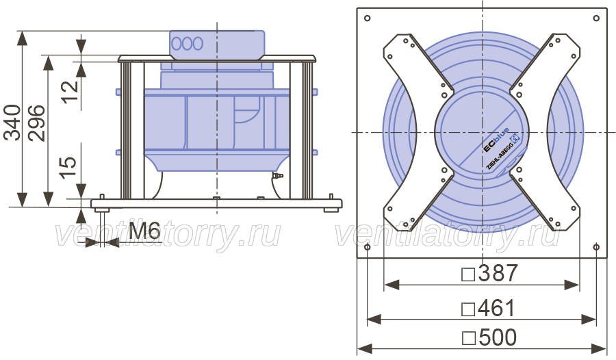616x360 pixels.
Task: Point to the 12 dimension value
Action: pos(70,92)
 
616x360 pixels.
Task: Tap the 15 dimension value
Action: pos(68,168)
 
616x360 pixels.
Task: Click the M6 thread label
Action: pos(144,231)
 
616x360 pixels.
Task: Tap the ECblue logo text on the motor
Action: pos(496,140)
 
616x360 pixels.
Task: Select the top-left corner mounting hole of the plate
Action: pos(368,18)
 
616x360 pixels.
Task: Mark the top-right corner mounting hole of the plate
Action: pos(596,18)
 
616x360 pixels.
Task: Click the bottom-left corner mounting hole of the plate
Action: pos(368,247)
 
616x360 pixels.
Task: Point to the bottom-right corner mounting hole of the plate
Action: pos(596,247)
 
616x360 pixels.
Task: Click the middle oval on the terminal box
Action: pos(187,44)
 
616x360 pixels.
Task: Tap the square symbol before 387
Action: pos(468,274)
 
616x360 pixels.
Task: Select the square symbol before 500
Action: pos(469,338)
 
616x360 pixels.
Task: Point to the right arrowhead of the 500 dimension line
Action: pos(599,348)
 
